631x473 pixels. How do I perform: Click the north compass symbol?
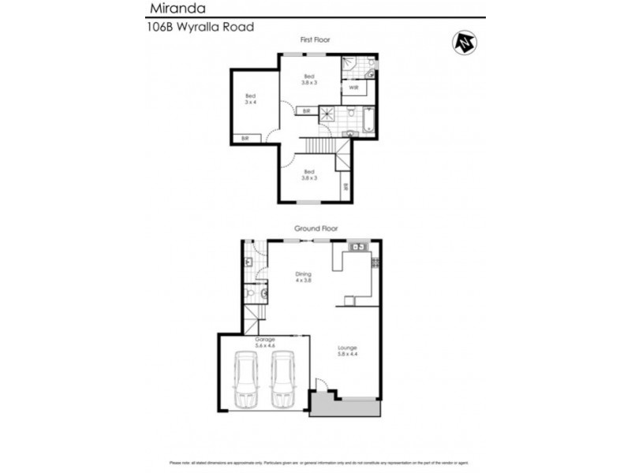[x=463, y=43]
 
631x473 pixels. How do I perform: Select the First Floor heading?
[x=315, y=39]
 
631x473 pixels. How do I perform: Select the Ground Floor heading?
[x=316, y=228]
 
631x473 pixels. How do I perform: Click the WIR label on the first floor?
[x=353, y=88]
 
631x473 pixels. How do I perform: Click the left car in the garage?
[x=246, y=380]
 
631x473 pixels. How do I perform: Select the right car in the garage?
[x=283, y=380]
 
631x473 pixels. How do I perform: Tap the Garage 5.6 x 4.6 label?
[x=264, y=342]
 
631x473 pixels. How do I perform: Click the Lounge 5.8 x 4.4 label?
[x=348, y=351]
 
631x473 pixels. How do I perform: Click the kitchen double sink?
[x=358, y=247]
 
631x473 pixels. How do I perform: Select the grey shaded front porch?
[x=344, y=407]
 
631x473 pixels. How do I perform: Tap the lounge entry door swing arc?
[x=319, y=385]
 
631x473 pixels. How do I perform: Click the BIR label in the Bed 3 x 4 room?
[x=245, y=139]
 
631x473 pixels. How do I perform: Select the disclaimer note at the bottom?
[x=315, y=463]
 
